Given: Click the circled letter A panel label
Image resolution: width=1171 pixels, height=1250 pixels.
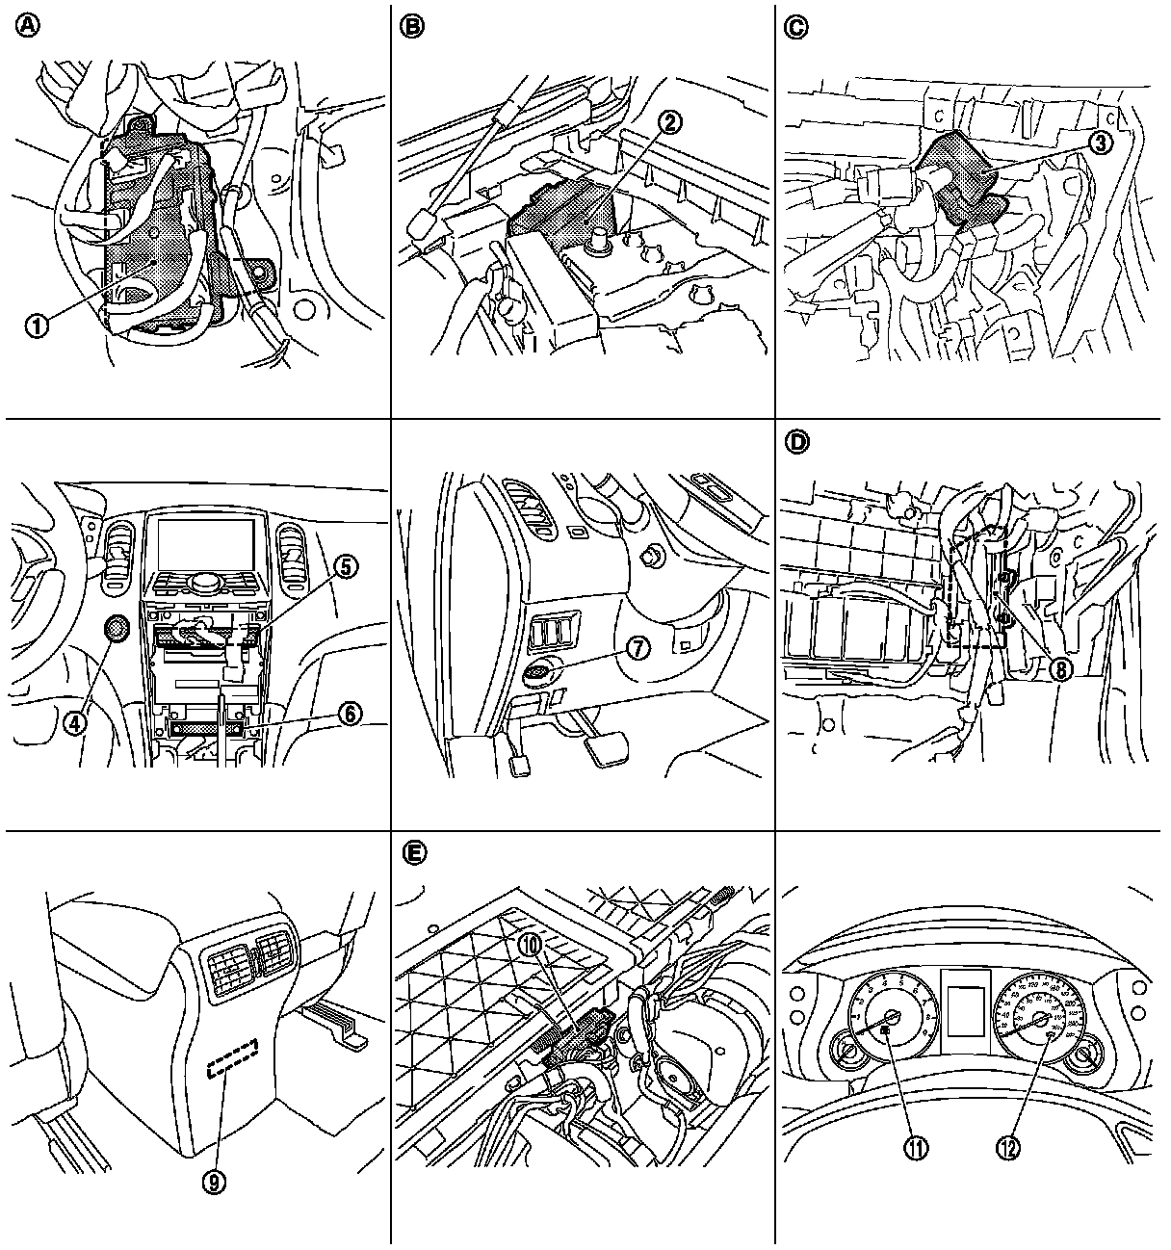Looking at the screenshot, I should click(x=27, y=28).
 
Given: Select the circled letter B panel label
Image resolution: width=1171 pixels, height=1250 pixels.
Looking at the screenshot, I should click(x=411, y=28).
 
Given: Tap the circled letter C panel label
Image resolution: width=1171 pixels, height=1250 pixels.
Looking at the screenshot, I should click(x=795, y=28).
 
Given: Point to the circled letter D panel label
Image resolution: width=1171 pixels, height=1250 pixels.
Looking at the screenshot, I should click(x=795, y=442).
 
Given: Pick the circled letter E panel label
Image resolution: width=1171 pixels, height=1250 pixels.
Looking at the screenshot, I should click(x=411, y=853).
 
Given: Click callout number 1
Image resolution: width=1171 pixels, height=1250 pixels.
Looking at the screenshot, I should click(x=37, y=325).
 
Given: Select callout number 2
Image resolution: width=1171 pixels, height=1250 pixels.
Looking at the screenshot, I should click(x=671, y=121).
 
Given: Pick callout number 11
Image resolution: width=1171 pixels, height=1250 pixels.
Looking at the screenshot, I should click(x=915, y=1147).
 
